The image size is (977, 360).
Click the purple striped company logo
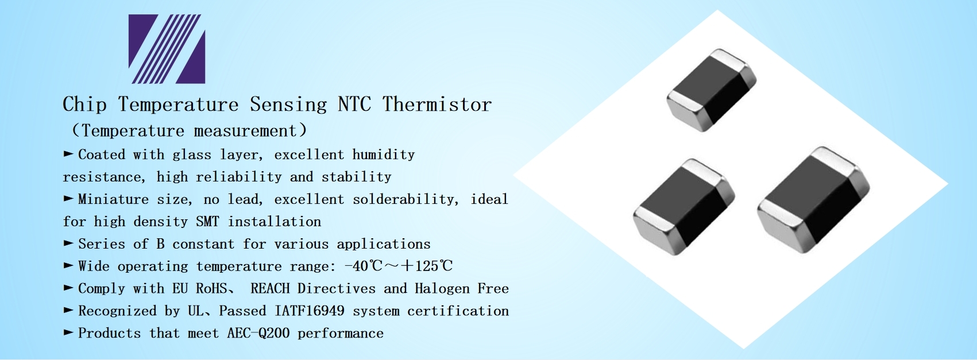[167, 49]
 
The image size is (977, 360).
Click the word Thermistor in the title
[437, 104]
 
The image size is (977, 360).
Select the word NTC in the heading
[354, 104]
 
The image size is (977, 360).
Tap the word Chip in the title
[84, 104]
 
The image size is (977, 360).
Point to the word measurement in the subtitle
[245, 131]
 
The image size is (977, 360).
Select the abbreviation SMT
[207, 222]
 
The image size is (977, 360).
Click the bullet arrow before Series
[68, 243]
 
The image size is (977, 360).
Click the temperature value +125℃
[427, 266]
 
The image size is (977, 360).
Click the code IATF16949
[310, 311]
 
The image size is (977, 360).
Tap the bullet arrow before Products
[68, 332]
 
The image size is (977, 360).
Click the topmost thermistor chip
[712, 90]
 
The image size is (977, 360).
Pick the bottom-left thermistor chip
[683, 207]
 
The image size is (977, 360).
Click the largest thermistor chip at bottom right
[813, 200]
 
